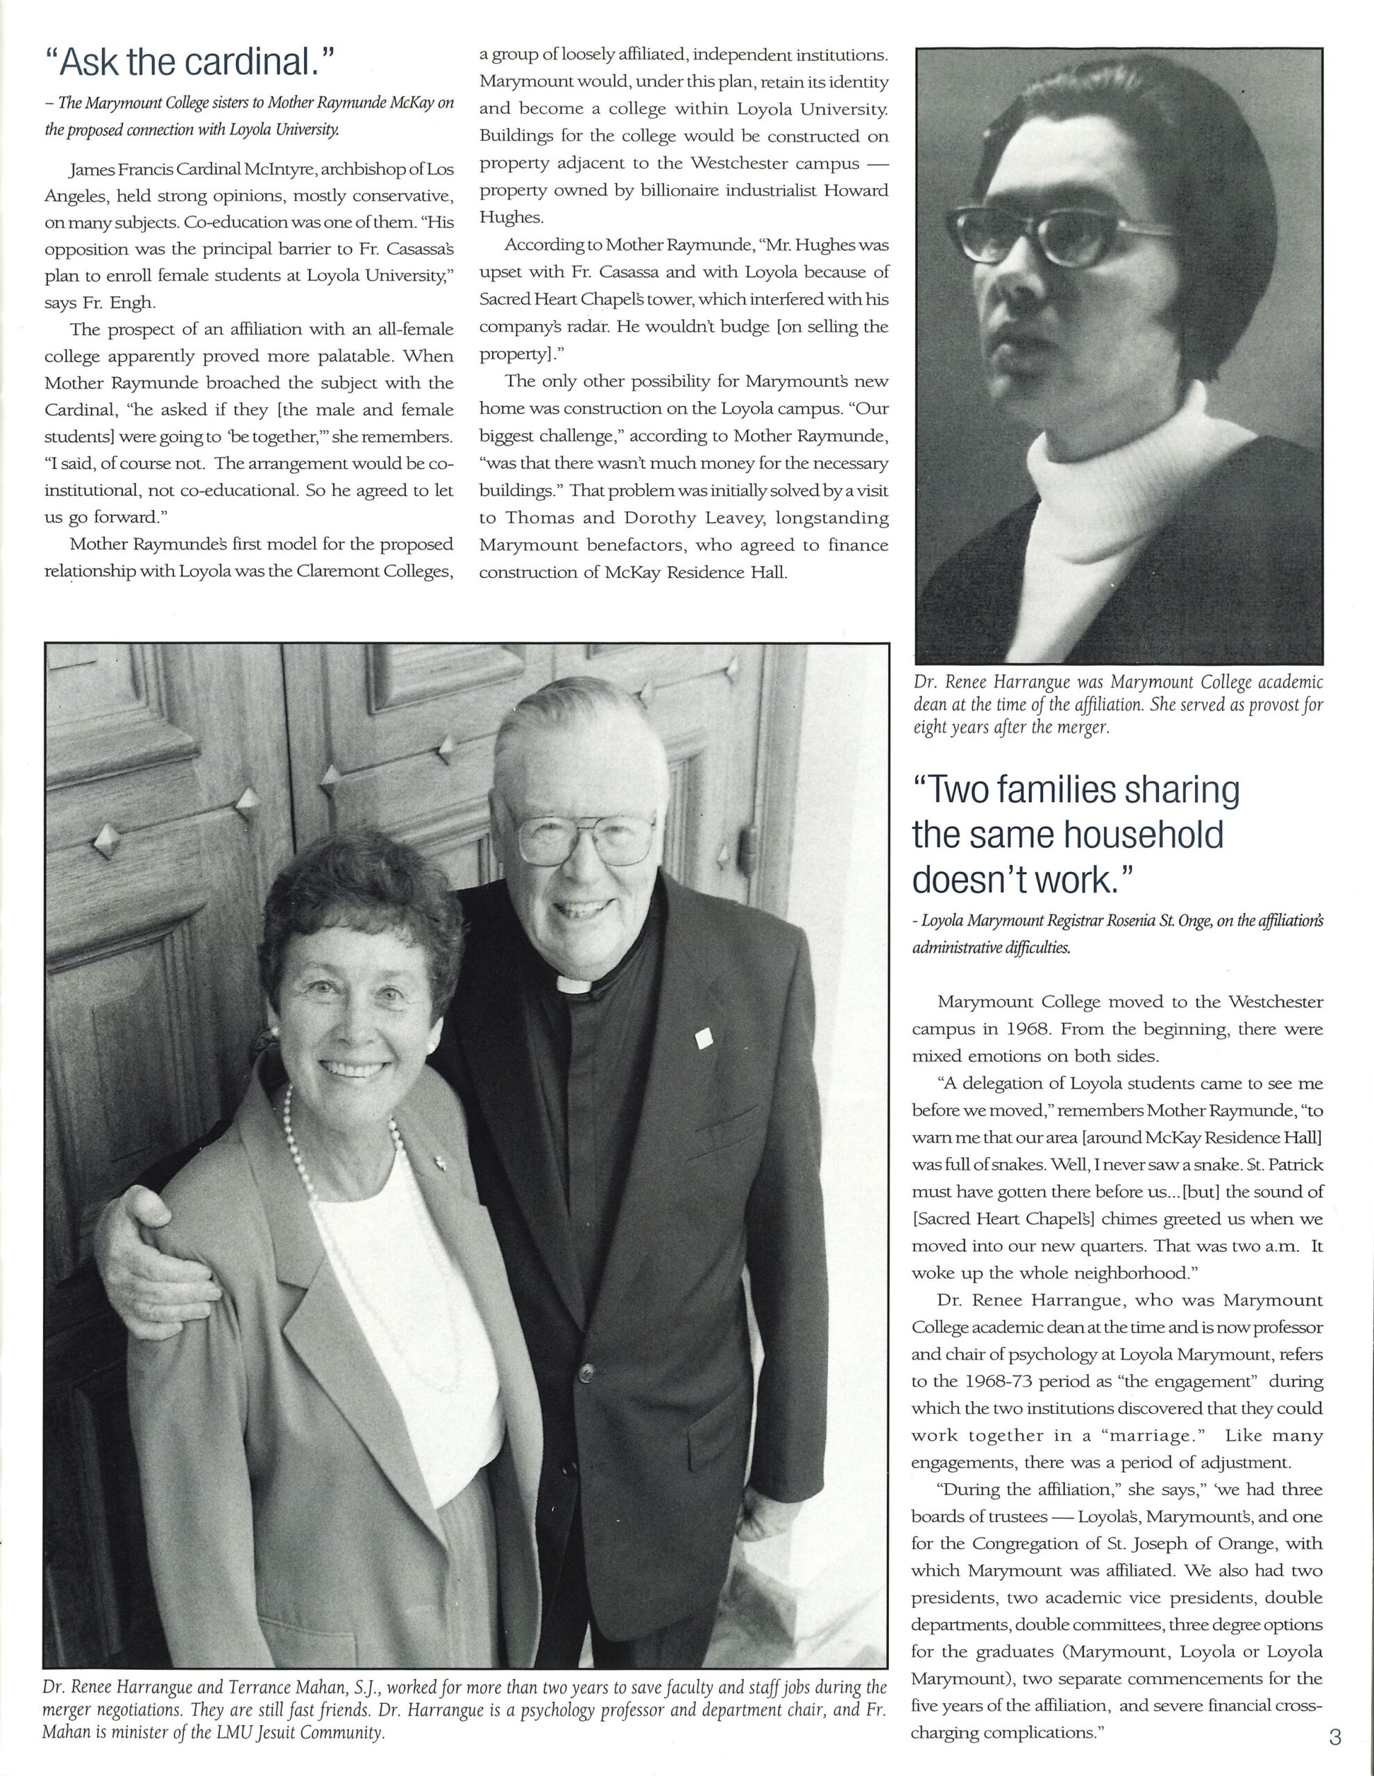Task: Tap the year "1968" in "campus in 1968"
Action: [1009, 1030]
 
